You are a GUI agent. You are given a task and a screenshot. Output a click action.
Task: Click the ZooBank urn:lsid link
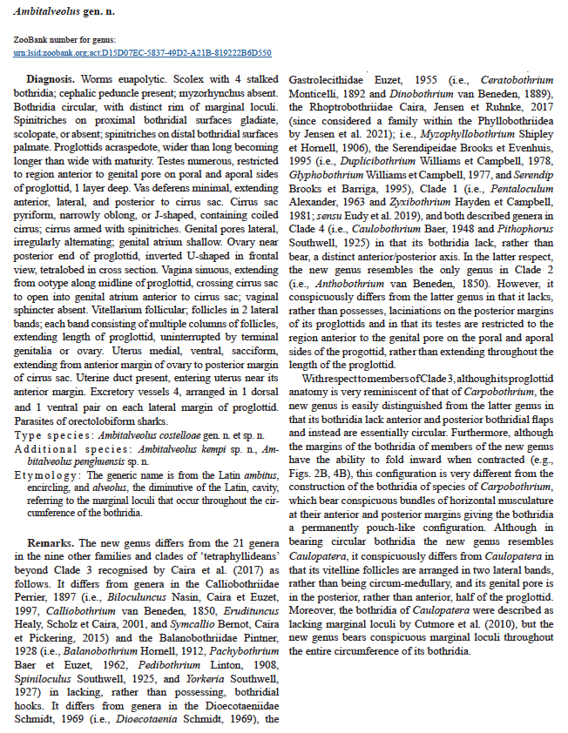[143, 51]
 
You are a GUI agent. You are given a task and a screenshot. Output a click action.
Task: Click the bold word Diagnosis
[50, 79]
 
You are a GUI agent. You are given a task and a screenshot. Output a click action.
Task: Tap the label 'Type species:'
[49, 434]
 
